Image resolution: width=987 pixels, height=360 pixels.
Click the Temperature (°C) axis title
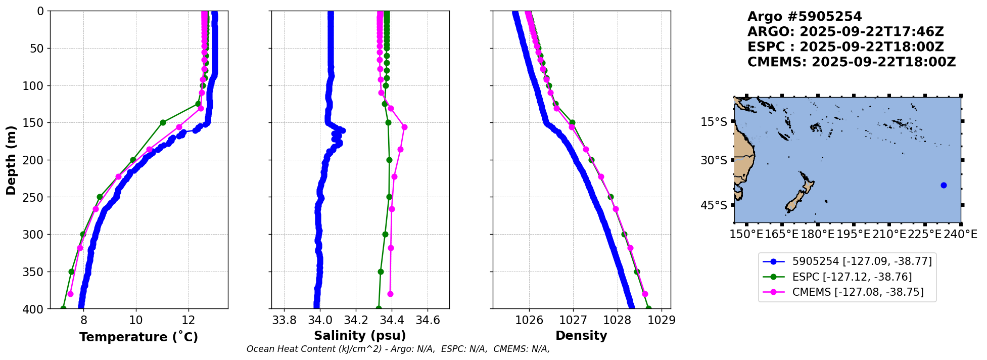click(x=138, y=337)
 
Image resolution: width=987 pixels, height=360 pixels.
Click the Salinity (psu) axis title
click(x=360, y=336)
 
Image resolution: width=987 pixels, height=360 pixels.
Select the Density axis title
click(x=581, y=336)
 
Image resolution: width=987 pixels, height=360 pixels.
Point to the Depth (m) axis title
click(x=11, y=160)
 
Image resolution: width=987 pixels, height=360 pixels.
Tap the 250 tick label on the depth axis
click(x=34, y=197)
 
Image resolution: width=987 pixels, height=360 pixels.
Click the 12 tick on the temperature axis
click(x=189, y=320)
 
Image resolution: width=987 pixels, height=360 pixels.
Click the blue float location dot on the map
click(x=944, y=185)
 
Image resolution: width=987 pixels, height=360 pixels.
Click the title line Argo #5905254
click(x=805, y=17)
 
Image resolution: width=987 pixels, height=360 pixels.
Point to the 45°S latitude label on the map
click(x=714, y=205)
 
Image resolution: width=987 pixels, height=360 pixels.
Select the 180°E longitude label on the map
click(x=818, y=234)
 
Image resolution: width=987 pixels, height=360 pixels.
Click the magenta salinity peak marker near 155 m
click(x=404, y=127)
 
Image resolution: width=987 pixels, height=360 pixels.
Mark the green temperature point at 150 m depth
click(x=163, y=122)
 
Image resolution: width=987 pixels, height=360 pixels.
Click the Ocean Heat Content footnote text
click(x=398, y=349)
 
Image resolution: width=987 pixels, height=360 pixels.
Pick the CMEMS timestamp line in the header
click(x=852, y=62)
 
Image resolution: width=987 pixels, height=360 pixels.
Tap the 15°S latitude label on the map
click(x=714, y=122)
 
